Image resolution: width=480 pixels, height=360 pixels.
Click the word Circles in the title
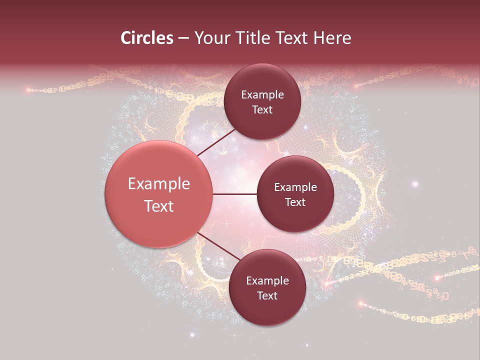[x=146, y=38]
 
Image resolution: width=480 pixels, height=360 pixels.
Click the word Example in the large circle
[x=159, y=184]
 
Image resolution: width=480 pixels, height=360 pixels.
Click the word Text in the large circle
[x=159, y=206]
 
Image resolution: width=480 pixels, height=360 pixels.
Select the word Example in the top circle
[x=262, y=95]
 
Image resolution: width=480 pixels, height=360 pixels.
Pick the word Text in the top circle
[x=262, y=109]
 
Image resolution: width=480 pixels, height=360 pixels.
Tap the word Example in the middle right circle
[x=295, y=187]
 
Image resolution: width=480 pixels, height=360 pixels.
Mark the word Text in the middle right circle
[x=295, y=202]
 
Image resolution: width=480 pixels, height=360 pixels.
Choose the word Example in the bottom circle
[x=267, y=281]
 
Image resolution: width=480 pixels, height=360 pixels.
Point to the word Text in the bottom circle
[x=267, y=295]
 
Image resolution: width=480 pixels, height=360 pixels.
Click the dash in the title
[x=183, y=38]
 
